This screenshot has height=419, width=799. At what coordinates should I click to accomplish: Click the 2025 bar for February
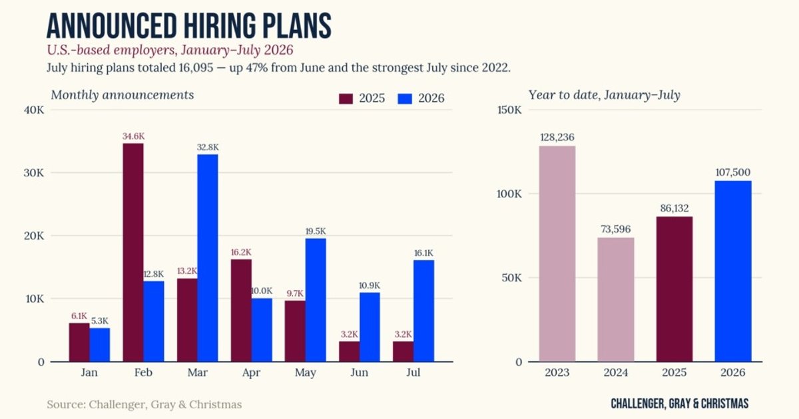pyautogui.click(x=133, y=253)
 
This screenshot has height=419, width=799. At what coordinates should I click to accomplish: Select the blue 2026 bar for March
pyautogui.click(x=208, y=258)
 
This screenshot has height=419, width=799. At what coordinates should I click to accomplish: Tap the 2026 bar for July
pyautogui.click(x=423, y=311)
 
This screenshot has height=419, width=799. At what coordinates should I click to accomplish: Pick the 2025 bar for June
pyautogui.click(x=349, y=352)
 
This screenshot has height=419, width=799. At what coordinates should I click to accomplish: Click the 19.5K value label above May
pyautogui.click(x=316, y=231)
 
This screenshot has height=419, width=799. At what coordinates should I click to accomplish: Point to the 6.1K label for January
pyautogui.click(x=79, y=316)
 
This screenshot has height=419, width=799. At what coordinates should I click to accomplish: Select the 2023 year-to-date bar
pyautogui.click(x=557, y=253)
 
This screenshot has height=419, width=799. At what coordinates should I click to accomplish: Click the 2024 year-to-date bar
pyautogui.click(x=616, y=300)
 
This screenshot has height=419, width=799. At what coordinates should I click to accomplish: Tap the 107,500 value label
pyautogui.click(x=733, y=172)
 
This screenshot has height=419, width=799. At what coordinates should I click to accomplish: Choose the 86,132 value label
pyautogui.click(x=674, y=208)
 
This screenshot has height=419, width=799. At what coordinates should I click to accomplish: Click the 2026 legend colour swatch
pyautogui.click(x=405, y=98)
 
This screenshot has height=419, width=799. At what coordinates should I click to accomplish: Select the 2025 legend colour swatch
pyautogui.click(x=346, y=98)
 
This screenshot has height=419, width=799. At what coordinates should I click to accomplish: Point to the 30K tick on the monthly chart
pyautogui.click(x=34, y=173)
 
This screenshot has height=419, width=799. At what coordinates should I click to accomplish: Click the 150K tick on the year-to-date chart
pyautogui.click(x=509, y=110)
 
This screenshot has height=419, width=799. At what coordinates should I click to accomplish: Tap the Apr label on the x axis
pyautogui.click(x=251, y=372)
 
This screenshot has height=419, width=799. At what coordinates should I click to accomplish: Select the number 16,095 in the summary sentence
pyautogui.click(x=196, y=68)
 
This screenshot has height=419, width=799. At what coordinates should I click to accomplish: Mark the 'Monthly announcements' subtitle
pyautogui.click(x=123, y=95)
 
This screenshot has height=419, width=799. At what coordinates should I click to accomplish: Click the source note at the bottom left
pyautogui.click(x=144, y=404)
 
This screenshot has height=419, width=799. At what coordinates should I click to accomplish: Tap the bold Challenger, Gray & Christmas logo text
pyautogui.click(x=680, y=404)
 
